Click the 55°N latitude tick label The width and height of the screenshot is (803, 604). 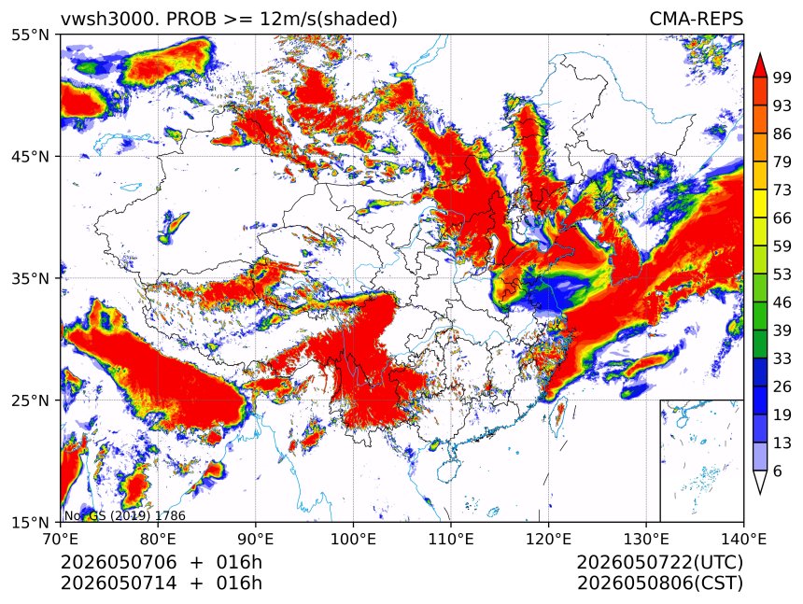point(30,35)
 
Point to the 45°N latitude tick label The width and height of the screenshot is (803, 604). point(30,156)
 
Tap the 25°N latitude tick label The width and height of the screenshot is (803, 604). point(30,400)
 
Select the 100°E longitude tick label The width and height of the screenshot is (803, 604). point(353,539)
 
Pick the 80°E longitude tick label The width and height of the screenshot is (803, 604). point(158,539)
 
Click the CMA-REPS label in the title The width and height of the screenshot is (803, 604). point(696,19)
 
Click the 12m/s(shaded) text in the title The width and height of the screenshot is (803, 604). point(329,20)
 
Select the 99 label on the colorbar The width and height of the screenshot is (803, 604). point(782,77)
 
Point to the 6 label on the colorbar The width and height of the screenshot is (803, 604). point(778,471)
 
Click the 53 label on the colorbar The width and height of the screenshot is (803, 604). point(782,274)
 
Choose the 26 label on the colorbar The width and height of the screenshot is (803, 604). point(782,386)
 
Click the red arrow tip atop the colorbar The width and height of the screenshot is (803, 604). point(760,54)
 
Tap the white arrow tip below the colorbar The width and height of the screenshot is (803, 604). point(760,493)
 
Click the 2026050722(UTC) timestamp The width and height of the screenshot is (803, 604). point(659,562)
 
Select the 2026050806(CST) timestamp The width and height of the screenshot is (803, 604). point(659,583)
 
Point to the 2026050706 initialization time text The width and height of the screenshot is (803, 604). point(119,562)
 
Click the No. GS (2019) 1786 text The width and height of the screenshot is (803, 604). point(124,515)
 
